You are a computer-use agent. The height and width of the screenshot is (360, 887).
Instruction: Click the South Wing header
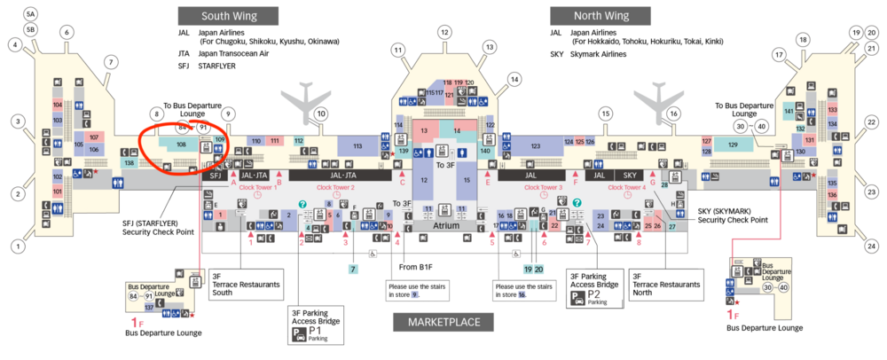(228, 16)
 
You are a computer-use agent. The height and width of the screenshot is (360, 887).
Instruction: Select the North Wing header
(600, 16)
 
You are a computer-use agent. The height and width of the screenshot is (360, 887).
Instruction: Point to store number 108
(181, 144)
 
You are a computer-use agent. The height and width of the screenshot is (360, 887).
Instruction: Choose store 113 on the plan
(357, 145)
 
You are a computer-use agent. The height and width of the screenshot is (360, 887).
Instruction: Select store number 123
(535, 145)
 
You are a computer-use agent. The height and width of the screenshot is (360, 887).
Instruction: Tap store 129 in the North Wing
(733, 145)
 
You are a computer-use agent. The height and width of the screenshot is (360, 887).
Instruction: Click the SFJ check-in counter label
(214, 176)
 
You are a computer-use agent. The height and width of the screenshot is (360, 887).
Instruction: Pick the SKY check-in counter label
(631, 176)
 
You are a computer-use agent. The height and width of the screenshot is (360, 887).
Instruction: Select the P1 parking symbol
(299, 336)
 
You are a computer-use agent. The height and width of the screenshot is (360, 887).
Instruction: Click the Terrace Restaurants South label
(246, 284)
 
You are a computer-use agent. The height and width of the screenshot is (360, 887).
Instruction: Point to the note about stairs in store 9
(410, 290)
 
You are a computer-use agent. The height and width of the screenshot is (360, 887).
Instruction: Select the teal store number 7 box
(353, 269)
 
